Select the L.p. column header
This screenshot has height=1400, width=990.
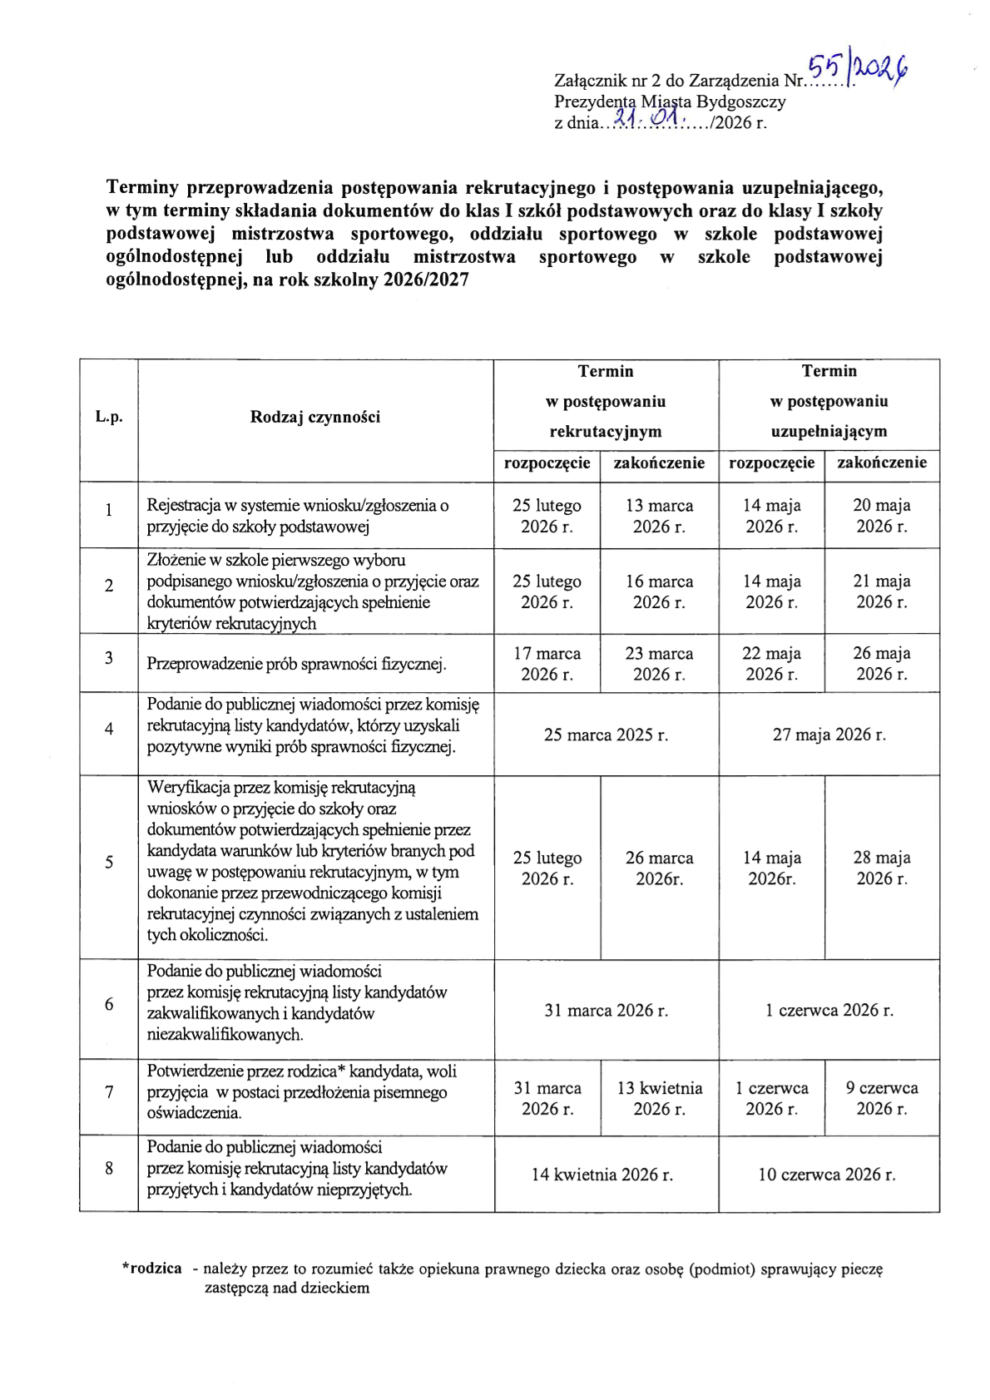(x=109, y=417)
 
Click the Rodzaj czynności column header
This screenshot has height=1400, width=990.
(x=315, y=417)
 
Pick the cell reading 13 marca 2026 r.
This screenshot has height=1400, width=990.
(x=659, y=516)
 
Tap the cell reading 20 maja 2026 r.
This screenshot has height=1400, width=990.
(x=882, y=516)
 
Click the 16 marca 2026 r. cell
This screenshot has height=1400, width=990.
(x=659, y=591)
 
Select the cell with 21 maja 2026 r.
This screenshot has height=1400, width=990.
(x=882, y=591)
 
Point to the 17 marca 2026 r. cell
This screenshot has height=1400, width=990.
(x=547, y=664)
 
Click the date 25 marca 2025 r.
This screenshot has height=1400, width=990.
(x=606, y=735)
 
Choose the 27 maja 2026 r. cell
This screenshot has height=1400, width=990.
(x=829, y=735)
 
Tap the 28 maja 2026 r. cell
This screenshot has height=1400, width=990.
(x=882, y=868)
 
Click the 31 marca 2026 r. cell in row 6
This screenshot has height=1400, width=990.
(x=606, y=1010)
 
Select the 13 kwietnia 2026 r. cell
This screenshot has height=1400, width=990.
(x=659, y=1098)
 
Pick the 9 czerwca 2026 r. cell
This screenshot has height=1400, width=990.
(x=882, y=1098)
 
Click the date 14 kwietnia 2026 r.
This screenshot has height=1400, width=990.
(x=602, y=1175)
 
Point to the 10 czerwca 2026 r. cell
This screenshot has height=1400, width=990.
(x=827, y=1175)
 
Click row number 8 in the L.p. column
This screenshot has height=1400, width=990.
(x=109, y=1168)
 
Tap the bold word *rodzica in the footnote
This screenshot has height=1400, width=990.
(x=152, y=1269)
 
